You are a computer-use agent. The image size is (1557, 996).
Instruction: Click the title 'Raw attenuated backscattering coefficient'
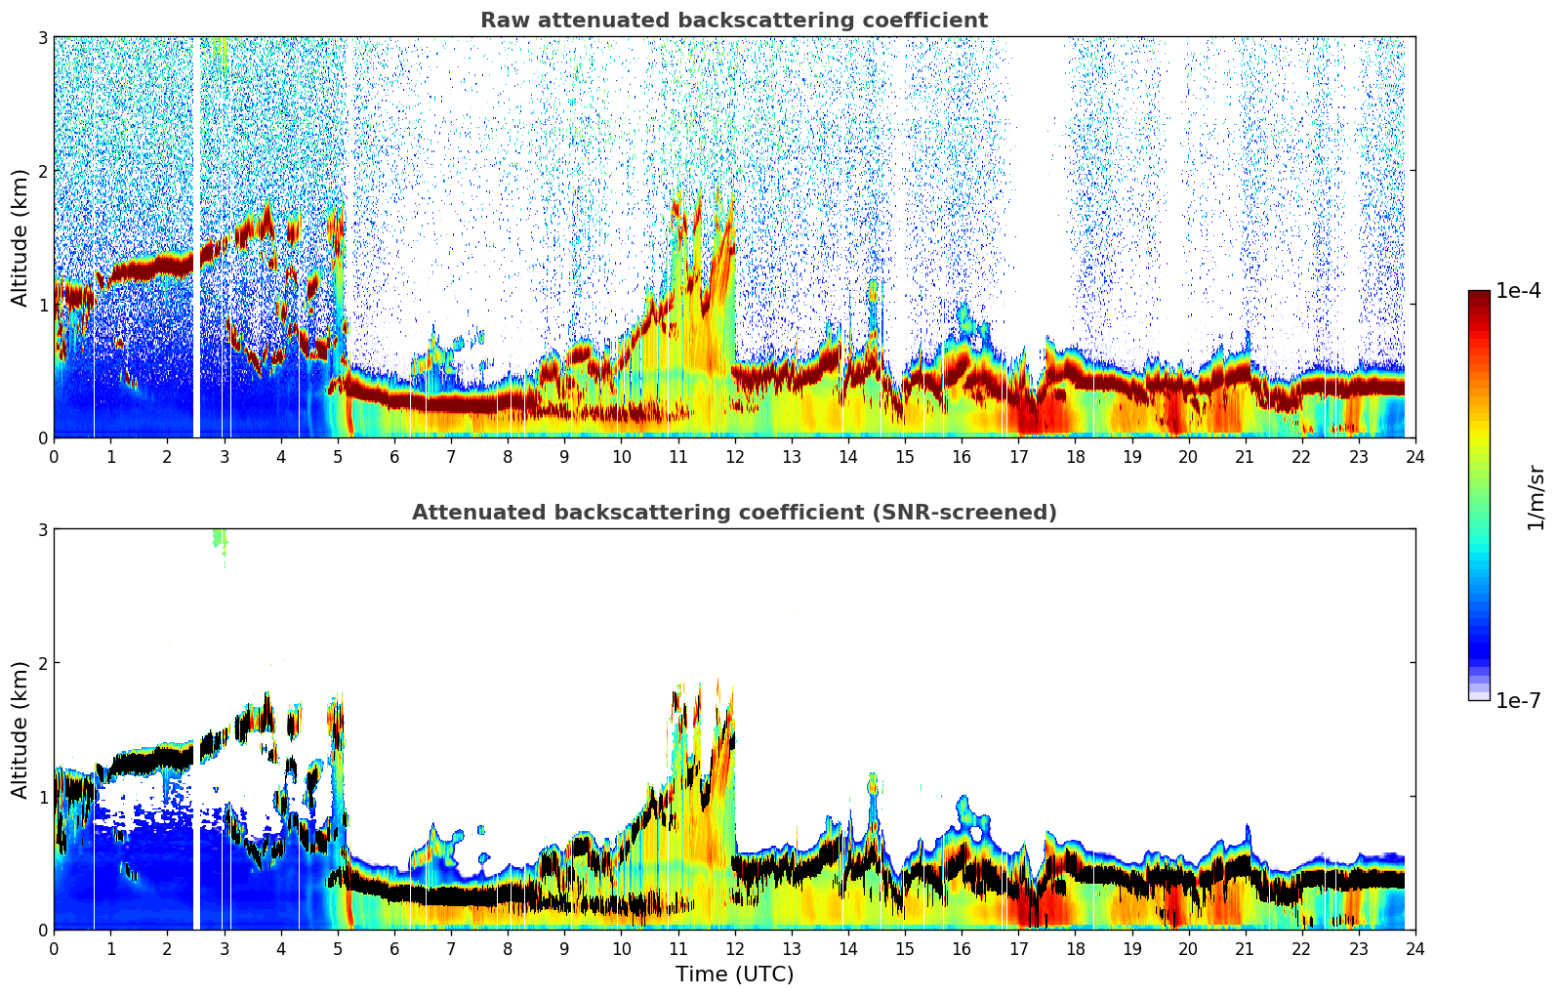pos(733,21)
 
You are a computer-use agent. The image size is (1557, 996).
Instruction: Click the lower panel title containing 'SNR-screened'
pos(733,513)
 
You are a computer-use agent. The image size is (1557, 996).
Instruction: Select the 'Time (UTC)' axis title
pos(734,974)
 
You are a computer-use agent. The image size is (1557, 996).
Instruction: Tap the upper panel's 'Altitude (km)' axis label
pos(20,237)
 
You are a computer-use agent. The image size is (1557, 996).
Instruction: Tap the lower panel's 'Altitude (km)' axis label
pos(20,729)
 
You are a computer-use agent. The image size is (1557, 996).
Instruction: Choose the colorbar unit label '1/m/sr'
pos(1536,496)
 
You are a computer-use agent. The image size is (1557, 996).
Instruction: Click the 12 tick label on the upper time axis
pos(734,456)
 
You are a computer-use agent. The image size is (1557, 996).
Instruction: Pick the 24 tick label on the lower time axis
pos(1414,948)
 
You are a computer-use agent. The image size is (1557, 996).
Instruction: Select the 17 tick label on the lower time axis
pos(1018,948)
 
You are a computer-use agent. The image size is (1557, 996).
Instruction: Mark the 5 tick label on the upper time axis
pos(338,456)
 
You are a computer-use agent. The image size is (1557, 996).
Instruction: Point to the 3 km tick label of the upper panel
pos(42,37)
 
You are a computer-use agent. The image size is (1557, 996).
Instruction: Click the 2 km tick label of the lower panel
pos(42,663)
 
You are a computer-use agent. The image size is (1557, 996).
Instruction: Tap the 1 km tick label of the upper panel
pos(42,305)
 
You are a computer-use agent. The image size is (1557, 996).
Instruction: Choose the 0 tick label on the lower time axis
pos(54,948)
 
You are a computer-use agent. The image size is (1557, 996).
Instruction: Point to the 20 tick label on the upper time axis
pos(1188,456)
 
